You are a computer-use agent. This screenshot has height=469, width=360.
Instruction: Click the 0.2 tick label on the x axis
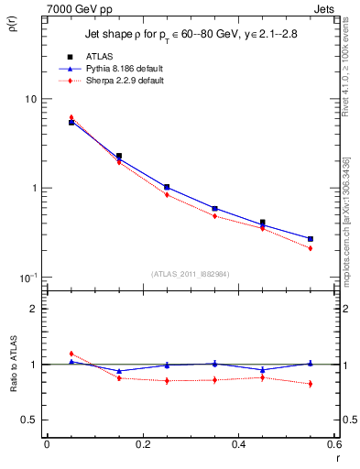pos(142,444)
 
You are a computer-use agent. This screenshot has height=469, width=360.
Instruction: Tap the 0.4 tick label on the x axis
pos(238,444)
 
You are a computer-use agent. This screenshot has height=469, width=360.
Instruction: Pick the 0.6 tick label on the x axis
pos(333,444)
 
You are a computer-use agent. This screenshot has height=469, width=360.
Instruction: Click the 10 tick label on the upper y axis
pos(29,99)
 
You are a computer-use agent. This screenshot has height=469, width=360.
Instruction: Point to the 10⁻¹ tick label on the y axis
pos(26,277)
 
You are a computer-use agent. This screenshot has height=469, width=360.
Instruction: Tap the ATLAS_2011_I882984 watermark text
pos(190,274)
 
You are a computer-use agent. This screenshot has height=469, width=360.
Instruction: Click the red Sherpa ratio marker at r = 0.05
pos(71,354)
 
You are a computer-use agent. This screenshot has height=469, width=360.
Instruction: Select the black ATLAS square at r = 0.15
pos(119,157)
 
